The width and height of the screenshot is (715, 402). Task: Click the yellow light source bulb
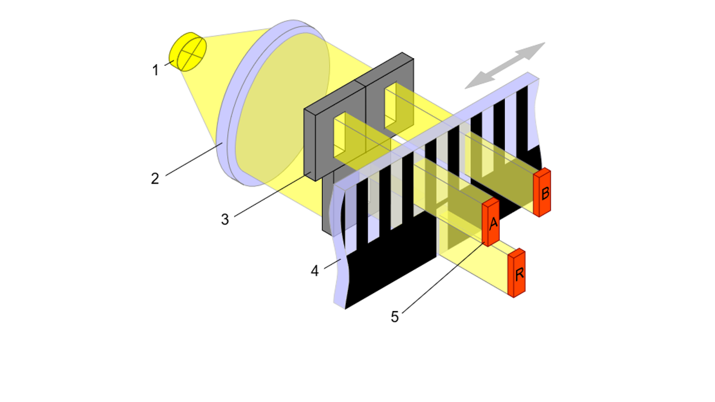pos(188,52)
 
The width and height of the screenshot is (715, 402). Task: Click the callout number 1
pos(156,70)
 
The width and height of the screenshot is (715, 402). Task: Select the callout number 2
pos(155,179)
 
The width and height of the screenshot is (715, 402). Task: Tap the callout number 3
pos(225,219)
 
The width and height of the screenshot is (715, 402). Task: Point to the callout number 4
pos(314,271)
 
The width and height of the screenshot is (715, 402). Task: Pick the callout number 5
pos(395,317)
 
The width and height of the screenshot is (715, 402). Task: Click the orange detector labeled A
pos(490,222)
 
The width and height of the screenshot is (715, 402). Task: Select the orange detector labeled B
pos(542,193)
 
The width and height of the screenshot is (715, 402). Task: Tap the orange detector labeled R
pos(517,273)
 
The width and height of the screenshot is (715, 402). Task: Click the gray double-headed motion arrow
pos(505,65)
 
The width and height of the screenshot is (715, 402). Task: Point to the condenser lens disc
pos(274,103)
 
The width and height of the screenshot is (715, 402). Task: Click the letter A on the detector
pos(493,224)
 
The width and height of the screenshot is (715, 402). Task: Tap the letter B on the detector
pos(545,194)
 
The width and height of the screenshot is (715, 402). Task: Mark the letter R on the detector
pos(519,274)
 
